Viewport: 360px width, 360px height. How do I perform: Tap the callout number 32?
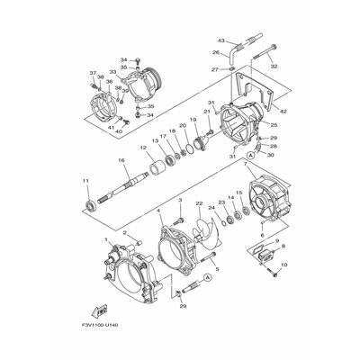point(274,66)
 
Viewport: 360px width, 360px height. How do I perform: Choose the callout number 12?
point(143,147)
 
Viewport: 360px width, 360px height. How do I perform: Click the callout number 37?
point(92,73)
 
